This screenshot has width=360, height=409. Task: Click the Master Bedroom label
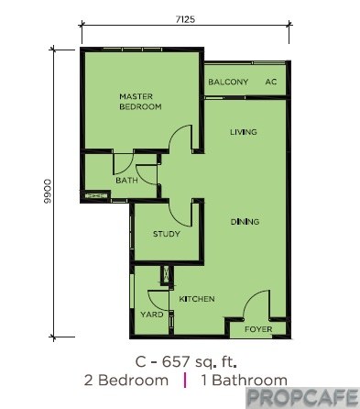point(140,102)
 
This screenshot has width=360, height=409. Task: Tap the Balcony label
point(228,82)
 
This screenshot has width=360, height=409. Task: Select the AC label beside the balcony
point(271,82)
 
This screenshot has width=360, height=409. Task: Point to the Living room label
point(244,132)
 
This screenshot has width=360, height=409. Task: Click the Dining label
point(245,222)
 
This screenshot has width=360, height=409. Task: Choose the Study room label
point(167,234)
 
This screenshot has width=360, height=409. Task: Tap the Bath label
point(126,181)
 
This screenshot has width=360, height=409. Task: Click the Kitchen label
point(197,299)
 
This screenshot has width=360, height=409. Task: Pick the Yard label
point(152,315)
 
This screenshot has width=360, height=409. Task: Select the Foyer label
point(258,329)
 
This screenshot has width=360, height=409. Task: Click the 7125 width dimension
point(185,19)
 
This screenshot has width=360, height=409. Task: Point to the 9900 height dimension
point(48,192)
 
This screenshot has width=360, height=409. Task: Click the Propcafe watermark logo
point(302,398)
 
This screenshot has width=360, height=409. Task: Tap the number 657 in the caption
point(176,362)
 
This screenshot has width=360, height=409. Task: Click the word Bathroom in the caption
point(249,381)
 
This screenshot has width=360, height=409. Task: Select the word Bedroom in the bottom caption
point(134,381)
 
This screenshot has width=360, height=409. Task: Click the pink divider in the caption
point(185,381)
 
